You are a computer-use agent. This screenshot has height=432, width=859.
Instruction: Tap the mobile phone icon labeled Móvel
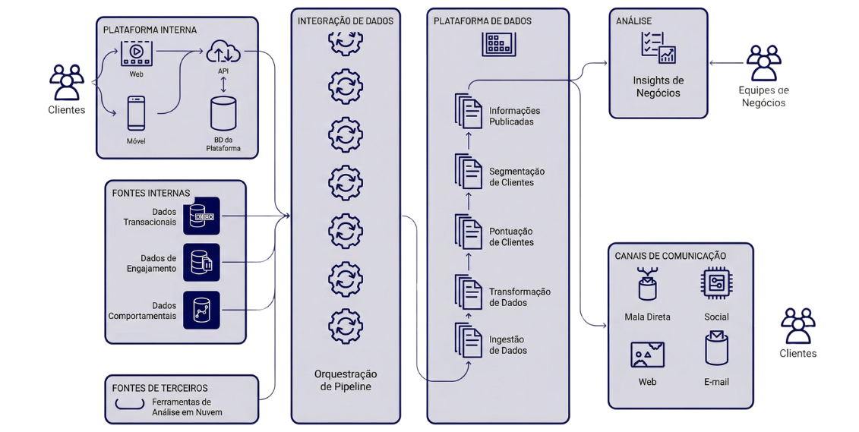pos(137,113)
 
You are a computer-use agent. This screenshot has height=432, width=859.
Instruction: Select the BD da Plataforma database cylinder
pos(223,114)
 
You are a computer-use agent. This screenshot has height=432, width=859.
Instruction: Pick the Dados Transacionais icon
pos(201,216)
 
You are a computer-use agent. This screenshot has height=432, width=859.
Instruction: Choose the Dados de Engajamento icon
pos(201,262)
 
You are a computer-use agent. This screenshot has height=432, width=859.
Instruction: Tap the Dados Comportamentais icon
pos(201,309)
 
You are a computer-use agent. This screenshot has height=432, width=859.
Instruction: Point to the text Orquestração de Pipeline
pos(346,380)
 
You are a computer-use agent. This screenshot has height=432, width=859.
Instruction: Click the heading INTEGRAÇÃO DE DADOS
pos(346,21)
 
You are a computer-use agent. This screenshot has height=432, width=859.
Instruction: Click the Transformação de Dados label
pos(520,297)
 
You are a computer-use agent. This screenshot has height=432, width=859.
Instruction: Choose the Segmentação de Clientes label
pos(516,177)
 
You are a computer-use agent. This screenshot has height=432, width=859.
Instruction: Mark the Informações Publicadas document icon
pos(469,112)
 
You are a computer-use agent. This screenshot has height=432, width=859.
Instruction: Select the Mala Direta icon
pos(647,285)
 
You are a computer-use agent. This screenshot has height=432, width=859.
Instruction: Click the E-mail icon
pos(716,349)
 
